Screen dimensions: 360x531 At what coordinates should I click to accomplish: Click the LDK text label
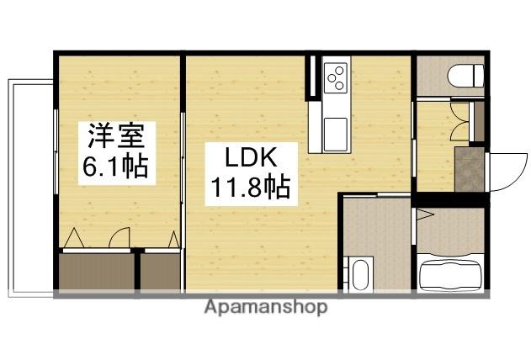(248, 157)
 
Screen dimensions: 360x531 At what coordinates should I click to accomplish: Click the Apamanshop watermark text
(265, 308)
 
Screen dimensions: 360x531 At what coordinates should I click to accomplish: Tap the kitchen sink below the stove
(336, 130)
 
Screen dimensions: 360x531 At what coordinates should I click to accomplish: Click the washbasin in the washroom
(361, 274)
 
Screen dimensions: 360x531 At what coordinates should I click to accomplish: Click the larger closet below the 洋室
(97, 271)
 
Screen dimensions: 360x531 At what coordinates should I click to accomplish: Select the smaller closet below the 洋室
(160, 271)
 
